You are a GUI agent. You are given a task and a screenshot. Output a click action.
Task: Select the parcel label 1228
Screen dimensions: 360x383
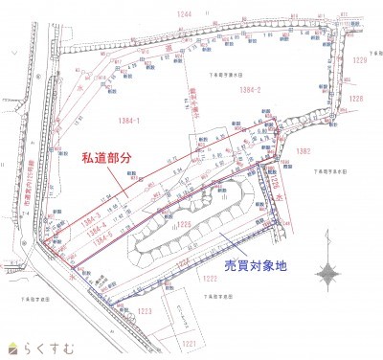pyautogui.click(x=356, y=98)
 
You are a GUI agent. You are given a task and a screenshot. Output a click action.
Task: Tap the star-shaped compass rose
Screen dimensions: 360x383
pyautogui.click(x=330, y=275)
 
